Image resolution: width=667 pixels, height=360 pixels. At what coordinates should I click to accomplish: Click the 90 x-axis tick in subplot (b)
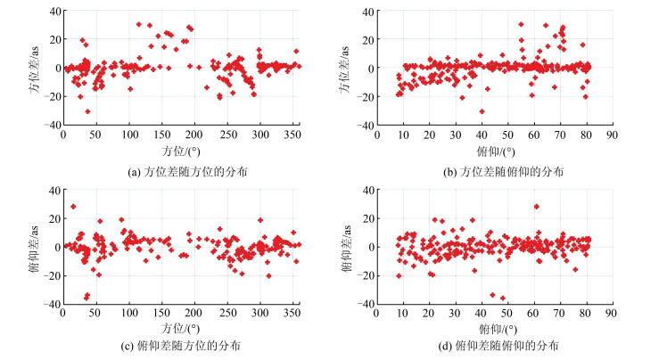(612, 134)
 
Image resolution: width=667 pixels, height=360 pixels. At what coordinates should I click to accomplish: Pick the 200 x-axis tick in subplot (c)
(194, 312)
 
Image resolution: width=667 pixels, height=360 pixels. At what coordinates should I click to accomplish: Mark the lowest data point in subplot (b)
(482, 111)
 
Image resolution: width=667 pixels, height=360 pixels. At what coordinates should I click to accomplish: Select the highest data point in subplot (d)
(536, 207)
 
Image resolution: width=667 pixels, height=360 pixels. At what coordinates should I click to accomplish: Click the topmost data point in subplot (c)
(73, 207)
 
